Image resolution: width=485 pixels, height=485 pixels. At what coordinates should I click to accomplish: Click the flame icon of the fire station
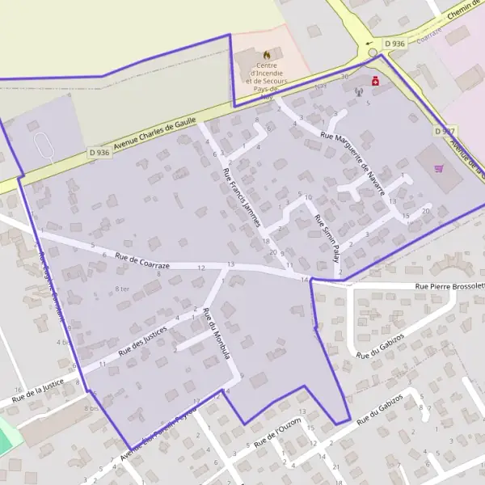pos(266,55)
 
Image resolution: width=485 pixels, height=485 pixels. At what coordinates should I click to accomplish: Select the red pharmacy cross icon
pos(375,81)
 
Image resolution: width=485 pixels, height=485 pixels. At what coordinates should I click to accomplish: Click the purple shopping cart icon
pos(438,168)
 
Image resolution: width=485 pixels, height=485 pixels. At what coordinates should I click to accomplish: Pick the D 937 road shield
pos(445,131)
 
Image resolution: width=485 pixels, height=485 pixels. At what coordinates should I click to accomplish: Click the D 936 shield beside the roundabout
pos(394,43)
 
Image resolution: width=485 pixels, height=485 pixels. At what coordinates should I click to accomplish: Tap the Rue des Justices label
pos(142,340)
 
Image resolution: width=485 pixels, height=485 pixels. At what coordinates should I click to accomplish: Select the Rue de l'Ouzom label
pos(277,433)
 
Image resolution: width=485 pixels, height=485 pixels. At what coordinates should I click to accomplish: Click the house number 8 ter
pos(122,289)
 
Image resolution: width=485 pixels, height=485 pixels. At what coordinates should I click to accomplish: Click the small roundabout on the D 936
pos(373,53)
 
